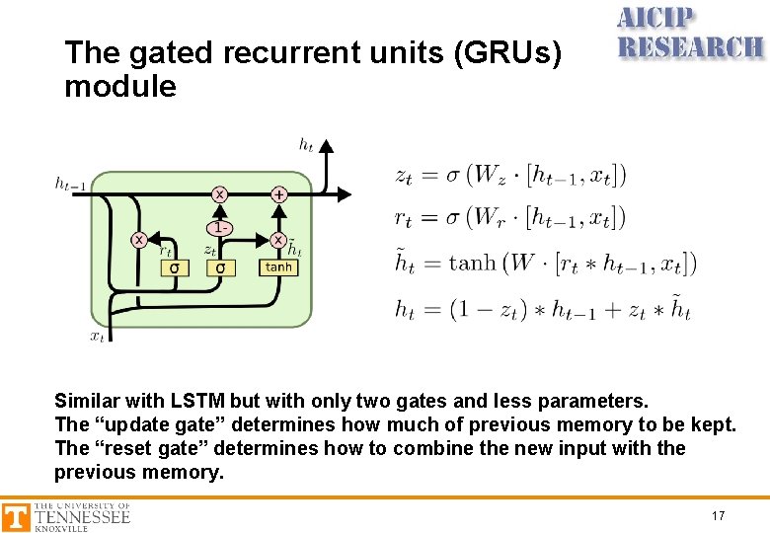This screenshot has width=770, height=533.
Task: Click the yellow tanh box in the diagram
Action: tap(278, 266)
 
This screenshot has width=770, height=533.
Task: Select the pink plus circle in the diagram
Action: tap(278, 194)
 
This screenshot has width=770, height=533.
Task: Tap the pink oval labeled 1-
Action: tap(220, 227)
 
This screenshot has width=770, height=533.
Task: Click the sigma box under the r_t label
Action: tap(175, 267)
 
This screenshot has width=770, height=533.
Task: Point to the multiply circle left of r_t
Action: tap(139, 240)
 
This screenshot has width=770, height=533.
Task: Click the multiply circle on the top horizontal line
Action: tap(219, 194)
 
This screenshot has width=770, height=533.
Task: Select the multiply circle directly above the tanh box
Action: tap(278, 240)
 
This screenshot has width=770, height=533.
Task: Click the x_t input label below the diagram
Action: tap(98, 337)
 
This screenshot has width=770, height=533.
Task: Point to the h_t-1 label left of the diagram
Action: tap(70, 182)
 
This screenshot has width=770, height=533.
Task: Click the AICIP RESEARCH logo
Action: tap(689, 34)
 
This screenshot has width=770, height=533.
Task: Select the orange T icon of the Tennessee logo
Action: tap(16, 517)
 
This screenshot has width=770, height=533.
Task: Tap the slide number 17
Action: tap(718, 516)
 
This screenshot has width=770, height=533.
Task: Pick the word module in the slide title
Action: tap(119, 87)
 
